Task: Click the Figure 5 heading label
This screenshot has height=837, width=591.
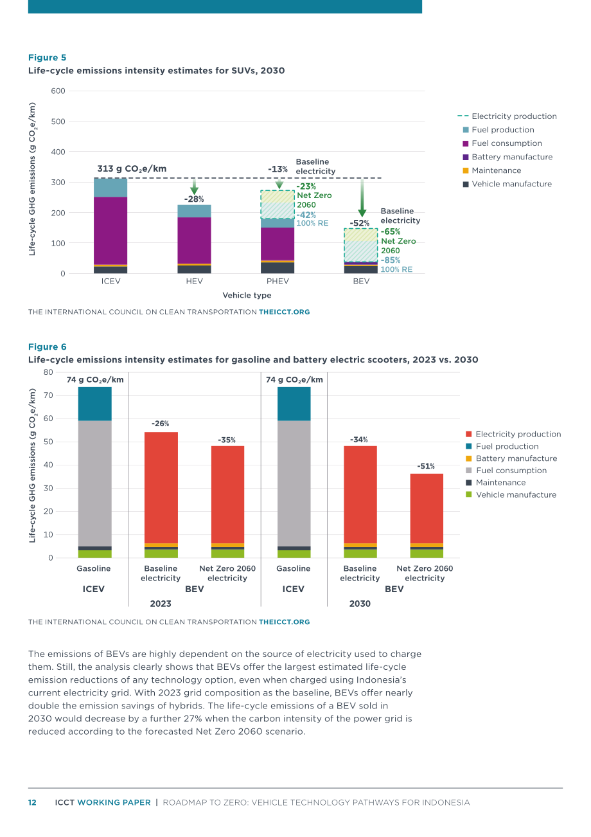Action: point(47,58)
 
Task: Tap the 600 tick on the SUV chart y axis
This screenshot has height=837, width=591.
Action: point(58,91)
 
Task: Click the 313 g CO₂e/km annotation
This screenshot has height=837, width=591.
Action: point(132,169)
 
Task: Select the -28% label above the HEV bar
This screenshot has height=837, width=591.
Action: point(194,199)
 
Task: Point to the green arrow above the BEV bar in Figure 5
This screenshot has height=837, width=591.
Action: point(362,198)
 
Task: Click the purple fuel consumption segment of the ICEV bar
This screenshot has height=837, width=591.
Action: point(110,231)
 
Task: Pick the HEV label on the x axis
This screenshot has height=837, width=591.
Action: point(194,282)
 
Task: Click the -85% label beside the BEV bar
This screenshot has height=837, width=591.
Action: point(391,260)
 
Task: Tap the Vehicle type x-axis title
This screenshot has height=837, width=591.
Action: point(247,295)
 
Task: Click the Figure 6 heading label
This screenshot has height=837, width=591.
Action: point(47,346)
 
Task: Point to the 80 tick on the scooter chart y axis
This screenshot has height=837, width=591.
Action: point(49,372)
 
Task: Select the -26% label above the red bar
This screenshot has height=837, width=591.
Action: point(160,424)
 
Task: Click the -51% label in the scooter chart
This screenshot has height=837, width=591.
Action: point(426,466)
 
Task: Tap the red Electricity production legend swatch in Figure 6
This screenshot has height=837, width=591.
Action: point(468,434)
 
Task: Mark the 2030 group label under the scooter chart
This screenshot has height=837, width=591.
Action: point(360,604)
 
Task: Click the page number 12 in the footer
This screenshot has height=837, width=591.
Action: point(32,803)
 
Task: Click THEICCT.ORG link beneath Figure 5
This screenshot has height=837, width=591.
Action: point(285,312)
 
